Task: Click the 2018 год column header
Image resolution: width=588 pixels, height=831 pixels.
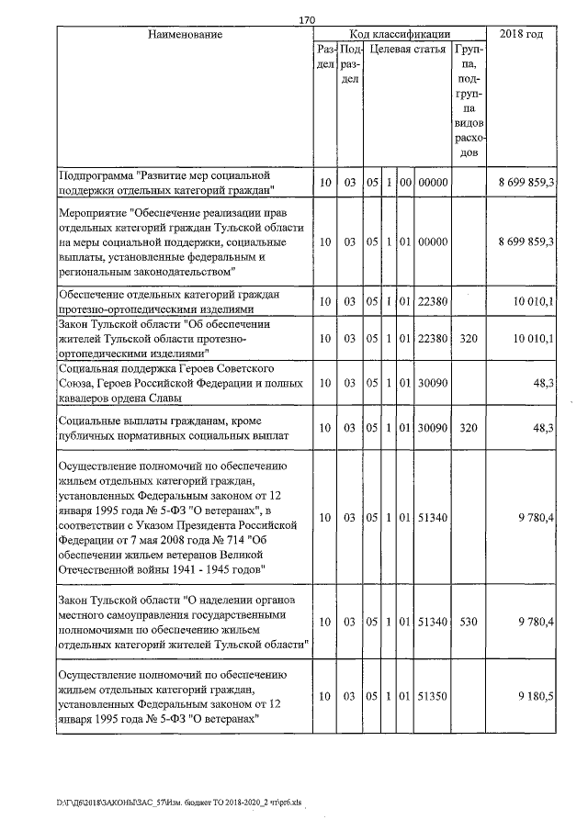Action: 521,34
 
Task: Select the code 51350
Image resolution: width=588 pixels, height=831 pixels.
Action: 432,697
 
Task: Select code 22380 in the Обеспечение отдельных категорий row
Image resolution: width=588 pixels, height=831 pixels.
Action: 432,301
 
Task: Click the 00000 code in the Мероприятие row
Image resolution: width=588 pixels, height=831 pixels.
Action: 432,241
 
